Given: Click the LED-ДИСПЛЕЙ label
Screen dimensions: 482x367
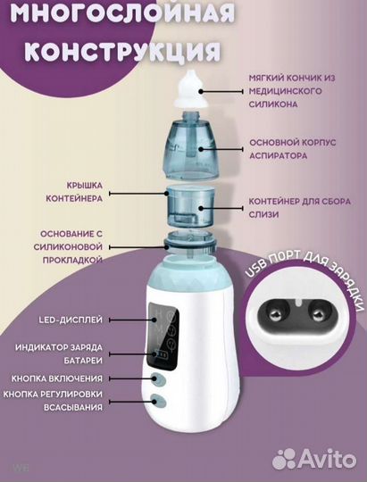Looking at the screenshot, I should pyautogui.click(x=71, y=319).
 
